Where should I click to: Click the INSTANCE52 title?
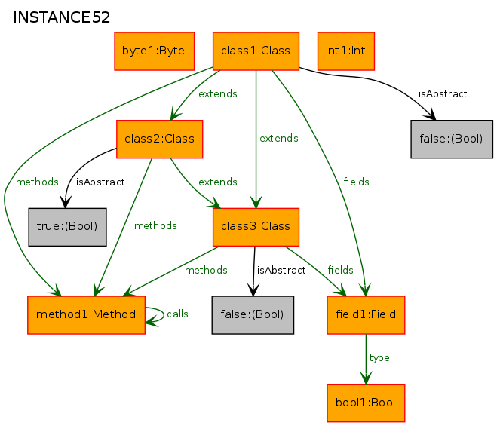pyautogui.click(x=62, y=17)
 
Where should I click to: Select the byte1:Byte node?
pyautogui.click(x=154, y=51)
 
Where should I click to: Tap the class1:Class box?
pyautogui.click(x=256, y=51)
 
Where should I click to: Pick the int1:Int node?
pyautogui.click(x=346, y=51)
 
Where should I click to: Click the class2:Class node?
pyautogui.click(x=159, y=139)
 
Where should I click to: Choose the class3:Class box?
pyautogui.click(x=256, y=227)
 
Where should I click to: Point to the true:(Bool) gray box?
pyautogui.click(x=67, y=227)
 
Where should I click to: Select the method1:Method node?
pyautogui.click(x=86, y=315)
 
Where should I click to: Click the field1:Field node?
pyautogui.click(x=366, y=315)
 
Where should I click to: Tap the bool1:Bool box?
pyautogui.click(x=366, y=403)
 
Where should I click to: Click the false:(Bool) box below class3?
pyautogui.click(x=253, y=315)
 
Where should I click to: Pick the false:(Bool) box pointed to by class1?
pyautogui.click(x=452, y=139)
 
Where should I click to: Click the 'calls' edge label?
pyautogui.click(x=177, y=314)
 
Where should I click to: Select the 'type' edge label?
pyautogui.click(x=379, y=358)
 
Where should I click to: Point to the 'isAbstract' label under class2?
pyautogui.click(x=100, y=182)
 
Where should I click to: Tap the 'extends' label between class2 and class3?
pyautogui.click(x=218, y=182)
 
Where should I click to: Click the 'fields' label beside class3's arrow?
pyautogui.click(x=340, y=270)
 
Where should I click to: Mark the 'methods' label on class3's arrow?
pyautogui.click(x=206, y=270)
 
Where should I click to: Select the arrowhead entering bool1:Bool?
pyautogui.click(x=366, y=378)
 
